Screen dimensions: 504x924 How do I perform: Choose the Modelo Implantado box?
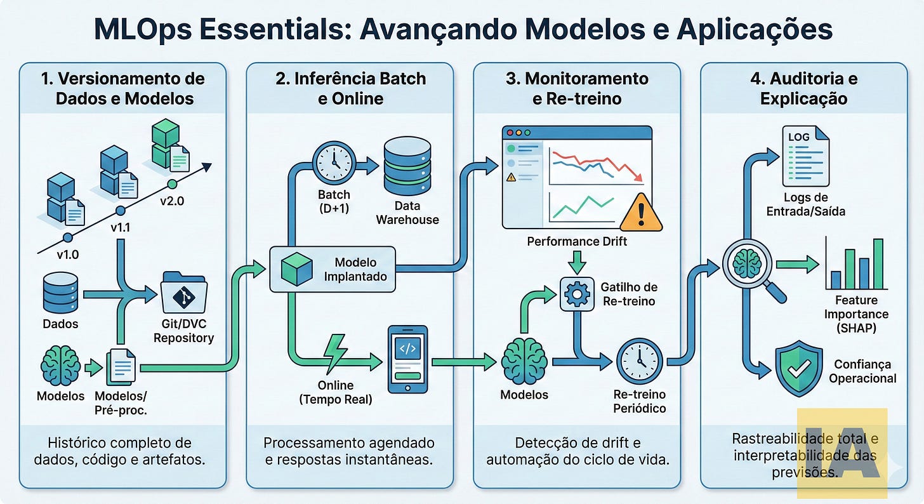click(333, 269)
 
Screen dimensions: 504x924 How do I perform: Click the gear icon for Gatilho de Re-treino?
click(577, 293)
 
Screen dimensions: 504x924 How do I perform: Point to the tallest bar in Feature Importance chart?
click(878, 263)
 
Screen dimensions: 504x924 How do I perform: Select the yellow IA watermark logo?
click(841, 452)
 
